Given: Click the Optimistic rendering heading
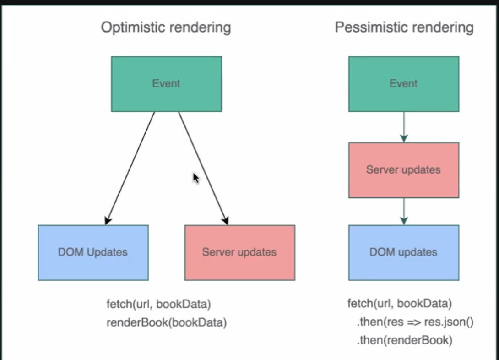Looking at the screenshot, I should [x=166, y=27].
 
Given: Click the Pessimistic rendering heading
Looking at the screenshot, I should [x=404, y=27].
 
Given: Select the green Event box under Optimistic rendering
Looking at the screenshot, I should [x=166, y=84].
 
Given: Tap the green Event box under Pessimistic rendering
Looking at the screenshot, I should [x=403, y=84].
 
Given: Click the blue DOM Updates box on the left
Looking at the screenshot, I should [x=93, y=252].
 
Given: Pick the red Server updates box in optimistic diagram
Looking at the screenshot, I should [x=239, y=252].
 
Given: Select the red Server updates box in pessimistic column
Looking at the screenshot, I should [x=403, y=170].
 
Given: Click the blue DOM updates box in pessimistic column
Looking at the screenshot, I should [x=403, y=252].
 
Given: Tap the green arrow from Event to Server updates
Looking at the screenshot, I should [x=403, y=127].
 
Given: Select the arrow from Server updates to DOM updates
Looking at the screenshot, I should [x=403, y=211].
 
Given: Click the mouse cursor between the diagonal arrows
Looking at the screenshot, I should [x=196, y=178].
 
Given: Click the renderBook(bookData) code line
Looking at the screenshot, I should [x=167, y=322].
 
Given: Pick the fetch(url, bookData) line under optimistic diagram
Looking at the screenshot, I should [x=158, y=304].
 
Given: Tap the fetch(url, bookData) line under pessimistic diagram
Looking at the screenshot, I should [x=400, y=304].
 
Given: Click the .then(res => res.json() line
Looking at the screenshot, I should [x=415, y=322].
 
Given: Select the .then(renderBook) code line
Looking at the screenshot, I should [x=404, y=340].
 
